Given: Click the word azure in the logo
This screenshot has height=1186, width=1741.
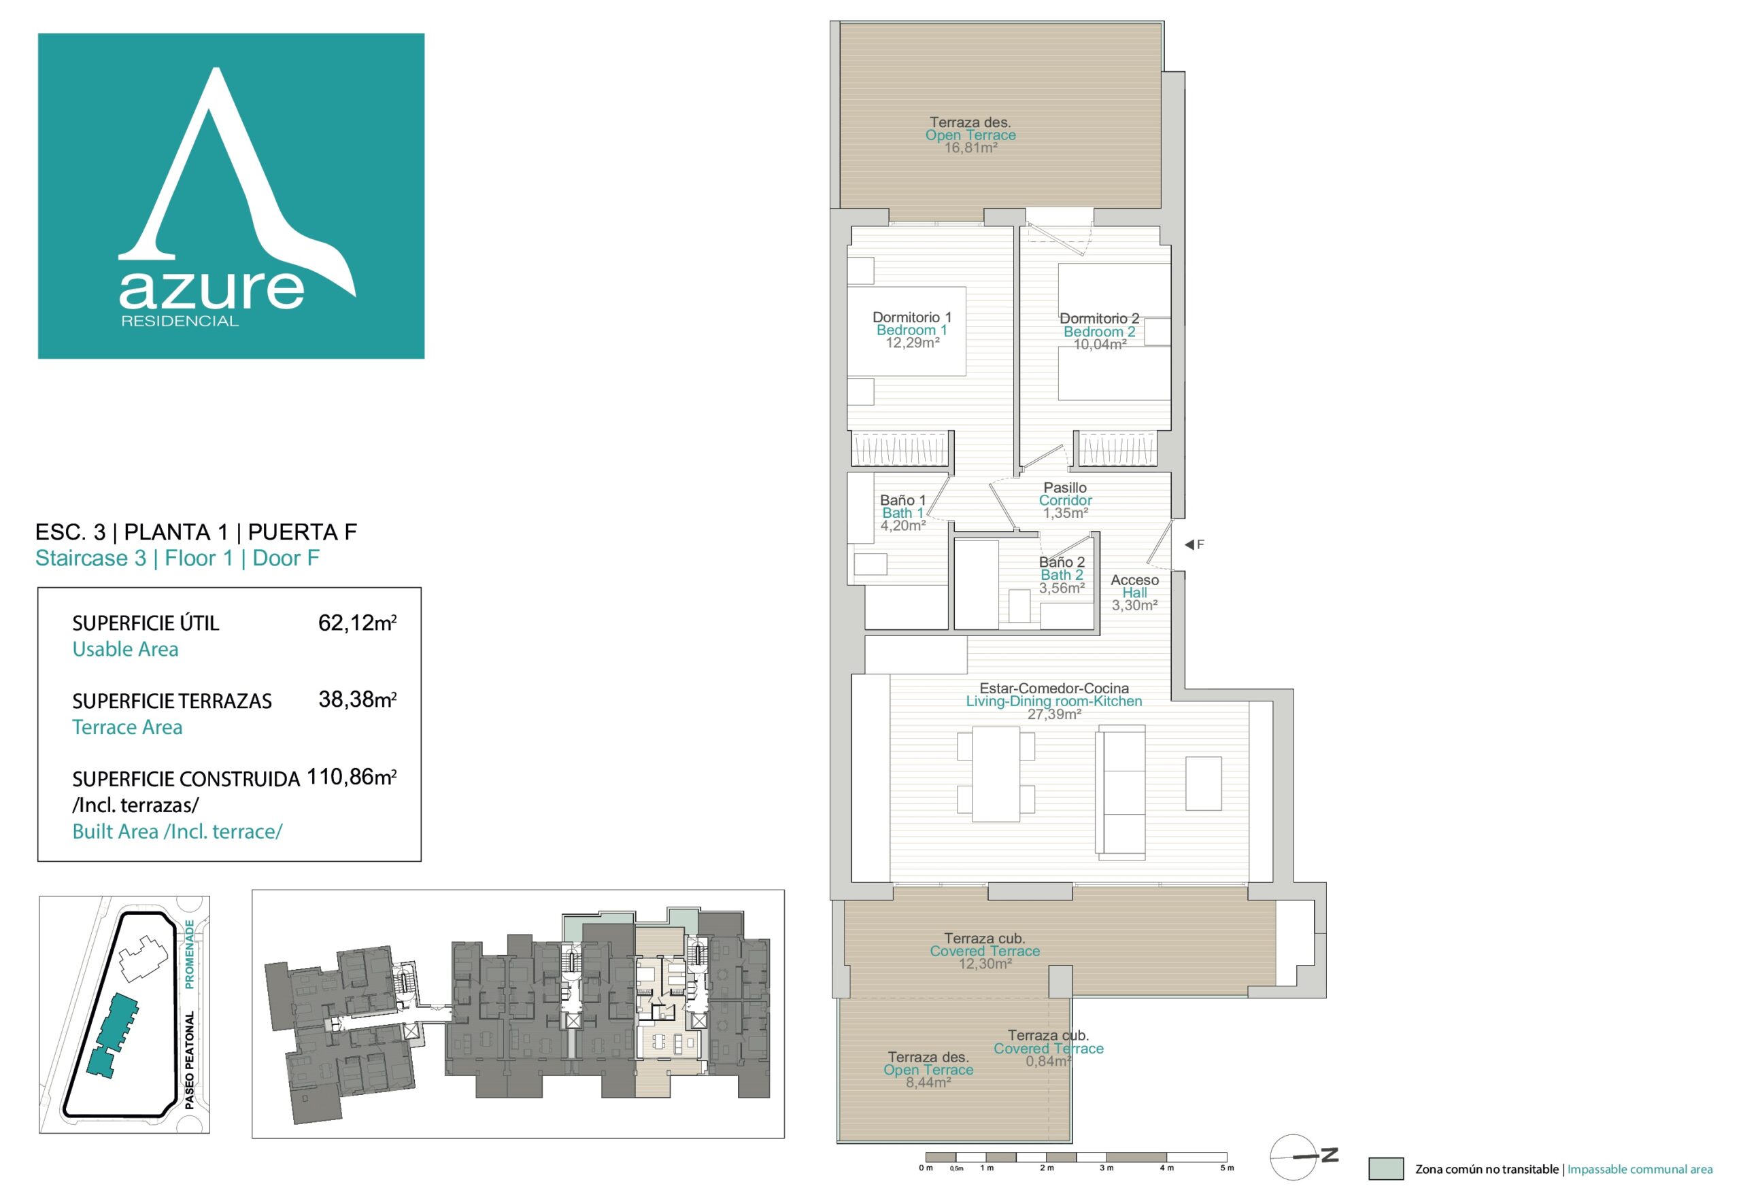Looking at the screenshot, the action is pos(212,290).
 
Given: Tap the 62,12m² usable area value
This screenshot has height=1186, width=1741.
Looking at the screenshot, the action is pos(357,623).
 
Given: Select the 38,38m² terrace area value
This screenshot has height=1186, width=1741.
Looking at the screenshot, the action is pos(357,699).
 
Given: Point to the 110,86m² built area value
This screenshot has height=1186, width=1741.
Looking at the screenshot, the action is pos(352,778).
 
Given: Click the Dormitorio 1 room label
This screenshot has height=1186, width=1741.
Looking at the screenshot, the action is pos(912,317).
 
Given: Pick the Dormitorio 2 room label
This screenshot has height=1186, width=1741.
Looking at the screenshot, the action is pos(1099,319).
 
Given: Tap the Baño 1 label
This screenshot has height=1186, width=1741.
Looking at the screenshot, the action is pos(902,500).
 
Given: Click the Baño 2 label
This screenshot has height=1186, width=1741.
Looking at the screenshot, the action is pos(1062,562).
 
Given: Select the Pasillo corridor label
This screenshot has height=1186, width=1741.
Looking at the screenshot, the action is pos(1064,487).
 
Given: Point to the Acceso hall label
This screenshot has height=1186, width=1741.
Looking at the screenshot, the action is pos(1134,580).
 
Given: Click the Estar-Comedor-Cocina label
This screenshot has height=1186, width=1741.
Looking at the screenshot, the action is pos(1053,688).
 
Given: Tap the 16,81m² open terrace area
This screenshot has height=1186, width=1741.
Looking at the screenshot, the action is pos(970,148).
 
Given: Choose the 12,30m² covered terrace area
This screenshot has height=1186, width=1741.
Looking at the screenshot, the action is pos(985,964).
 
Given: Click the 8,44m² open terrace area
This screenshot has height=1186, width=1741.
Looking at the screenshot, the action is pos(928,1083).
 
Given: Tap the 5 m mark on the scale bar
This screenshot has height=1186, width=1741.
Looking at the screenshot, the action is pos(1226,1168).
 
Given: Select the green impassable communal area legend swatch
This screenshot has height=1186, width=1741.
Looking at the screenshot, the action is pos(1386,1169).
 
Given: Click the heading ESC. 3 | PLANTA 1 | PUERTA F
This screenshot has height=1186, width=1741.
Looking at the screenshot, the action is pos(197,532).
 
